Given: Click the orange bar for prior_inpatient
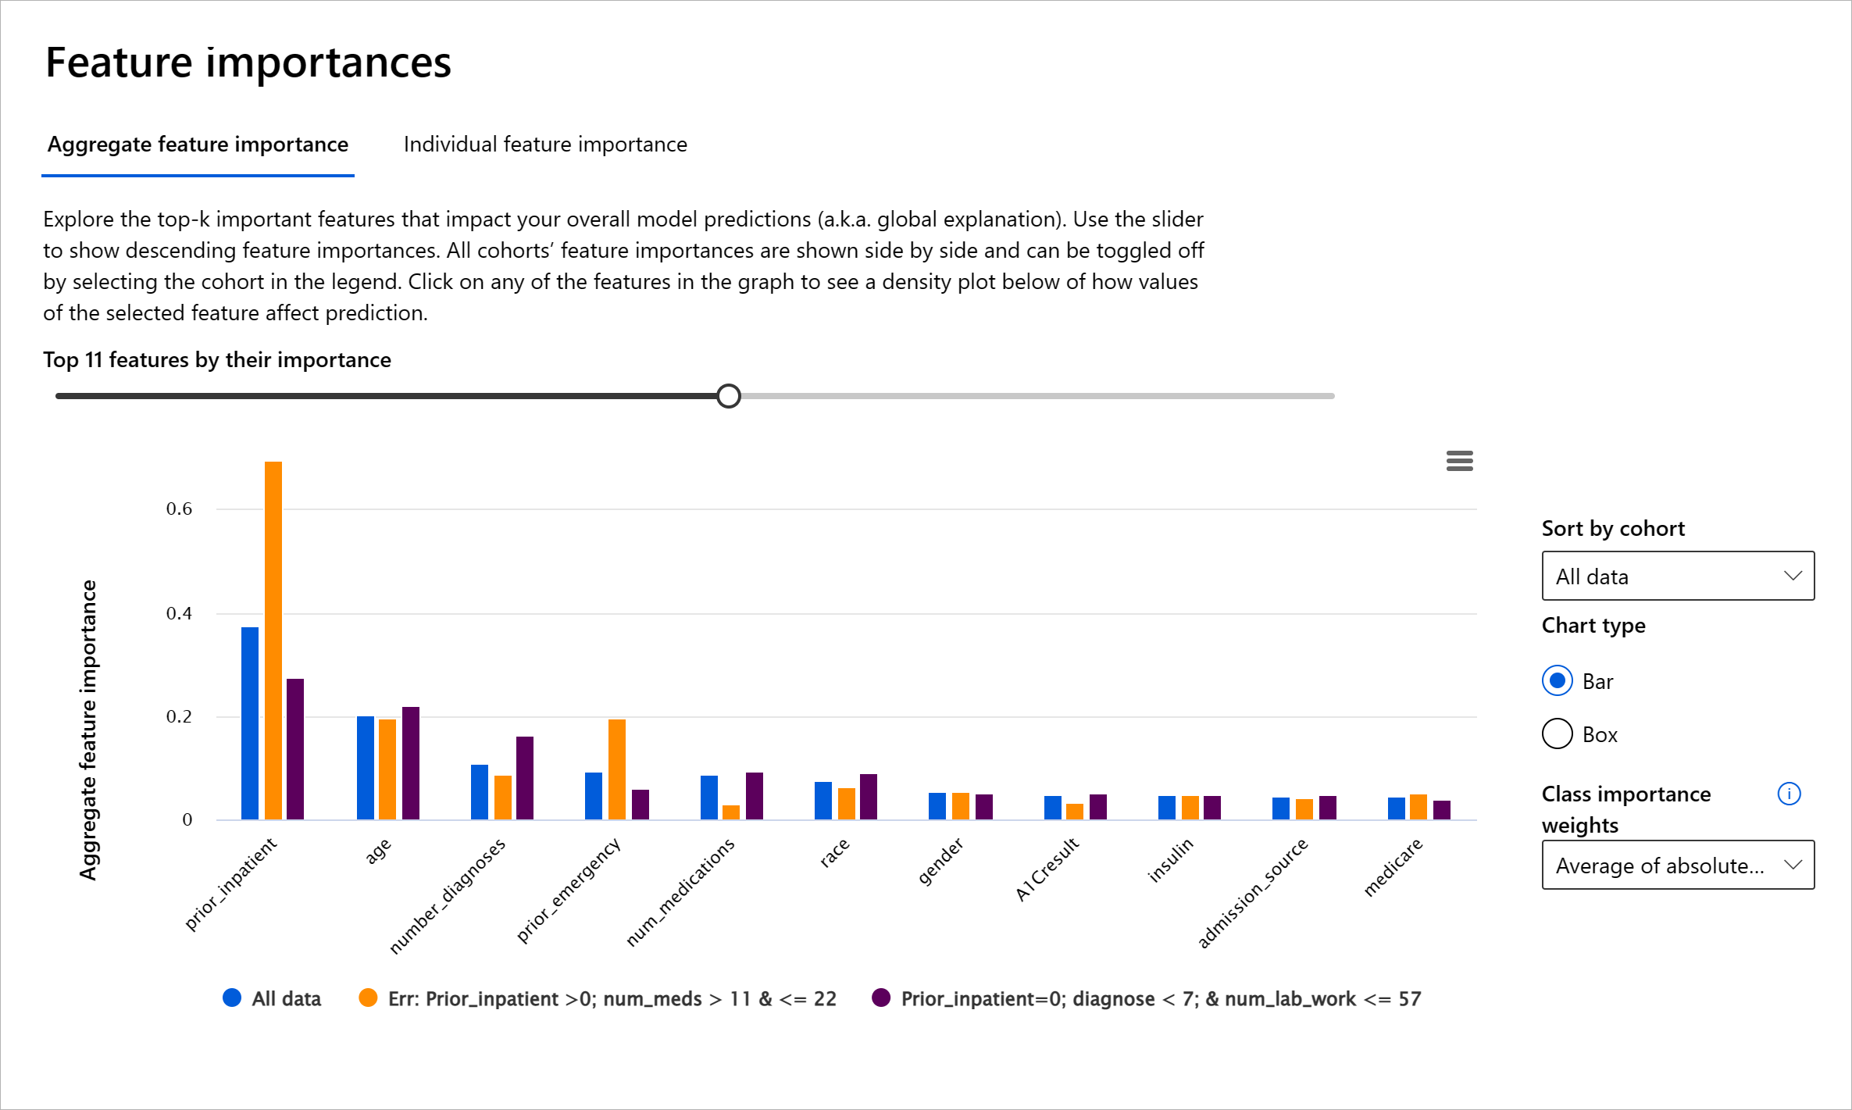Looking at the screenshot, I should pyautogui.click(x=273, y=641).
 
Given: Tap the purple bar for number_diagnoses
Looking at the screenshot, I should pyautogui.click(x=525, y=778).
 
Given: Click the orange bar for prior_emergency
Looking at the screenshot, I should pyautogui.click(x=617, y=769).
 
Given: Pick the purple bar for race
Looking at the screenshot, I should pyautogui.click(x=869, y=797).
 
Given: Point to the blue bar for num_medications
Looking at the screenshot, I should pyautogui.click(x=709, y=798).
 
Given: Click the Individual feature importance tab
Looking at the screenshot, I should pyautogui.click(x=545, y=145).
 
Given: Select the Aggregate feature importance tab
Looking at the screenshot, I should pyautogui.click(x=198, y=145).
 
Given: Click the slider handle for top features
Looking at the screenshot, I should pyautogui.click(x=729, y=396).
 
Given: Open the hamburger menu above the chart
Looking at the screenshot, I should pyautogui.click(x=1459, y=461).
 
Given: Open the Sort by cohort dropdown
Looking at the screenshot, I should pyautogui.click(x=1678, y=576).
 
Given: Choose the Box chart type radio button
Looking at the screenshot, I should pyautogui.click(x=1558, y=734).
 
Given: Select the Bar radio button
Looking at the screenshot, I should pyautogui.click(x=1558, y=681).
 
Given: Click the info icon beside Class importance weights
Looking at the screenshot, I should pyautogui.click(x=1789, y=794).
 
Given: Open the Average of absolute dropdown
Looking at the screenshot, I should pyautogui.click(x=1678, y=866).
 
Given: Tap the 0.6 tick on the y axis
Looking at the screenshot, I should pyautogui.click(x=179, y=509).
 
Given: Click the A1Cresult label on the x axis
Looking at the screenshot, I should pyautogui.click(x=1047, y=869).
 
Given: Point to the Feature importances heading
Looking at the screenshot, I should pyautogui.click(x=248, y=62).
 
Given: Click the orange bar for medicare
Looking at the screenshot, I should pyautogui.click(x=1418, y=807).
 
